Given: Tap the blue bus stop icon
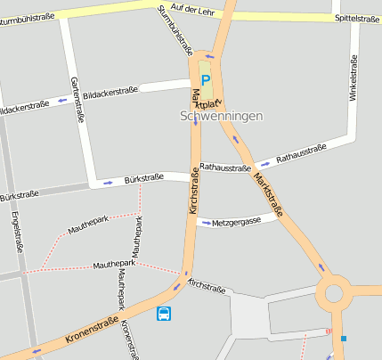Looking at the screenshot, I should (165, 314).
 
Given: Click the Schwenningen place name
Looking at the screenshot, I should (220, 116).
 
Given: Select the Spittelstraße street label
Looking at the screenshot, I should (357, 18).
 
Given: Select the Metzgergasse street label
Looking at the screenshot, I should (237, 221).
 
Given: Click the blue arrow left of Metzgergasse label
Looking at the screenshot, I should (206, 223).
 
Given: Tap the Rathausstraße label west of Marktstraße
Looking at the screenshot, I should (225, 167).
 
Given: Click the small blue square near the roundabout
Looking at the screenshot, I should (344, 339).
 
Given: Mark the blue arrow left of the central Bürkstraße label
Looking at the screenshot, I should (108, 183).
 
